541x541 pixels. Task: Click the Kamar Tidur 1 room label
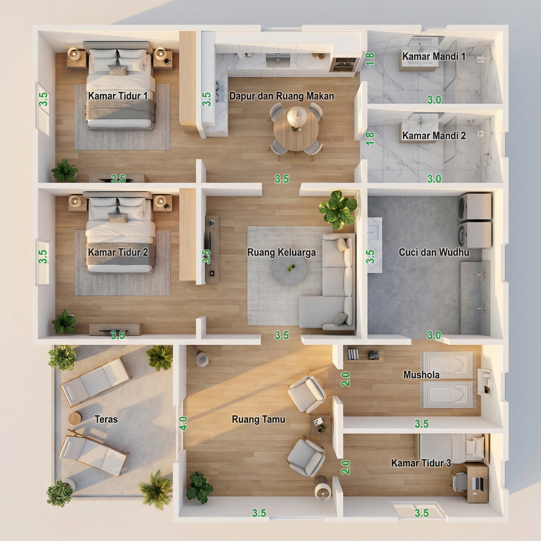pyautogui.click(x=118, y=96)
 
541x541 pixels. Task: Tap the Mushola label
pyautogui.click(x=421, y=375)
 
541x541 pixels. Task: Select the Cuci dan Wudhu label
pyautogui.click(x=434, y=252)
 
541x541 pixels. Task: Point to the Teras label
pyautogui.click(x=106, y=419)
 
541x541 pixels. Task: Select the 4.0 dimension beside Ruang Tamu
pyautogui.click(x=183, y=423)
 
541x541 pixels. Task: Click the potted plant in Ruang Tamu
pyautogui.click(x=199, y=488)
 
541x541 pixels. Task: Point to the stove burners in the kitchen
pyautogui.click(x=220, y=91)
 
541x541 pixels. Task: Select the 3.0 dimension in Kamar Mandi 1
pyautogui.click(x=434, y=99)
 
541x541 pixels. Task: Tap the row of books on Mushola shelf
pyautogui.click(x=353, y=354)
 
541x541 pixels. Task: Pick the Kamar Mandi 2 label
pyautogui.click(x=434, y=136)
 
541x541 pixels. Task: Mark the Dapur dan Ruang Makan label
pyautogui.click(x=282, y=96)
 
